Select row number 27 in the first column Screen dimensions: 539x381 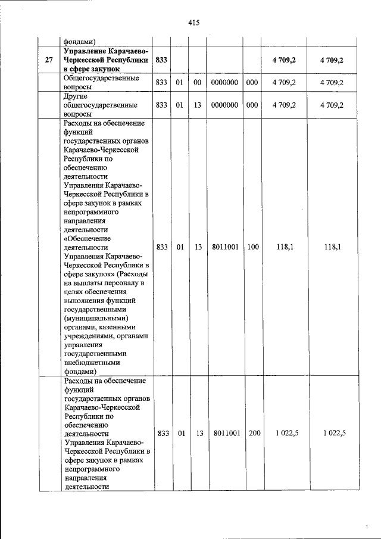[x=49, y=61]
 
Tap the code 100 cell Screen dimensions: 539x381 [x=253, y=246]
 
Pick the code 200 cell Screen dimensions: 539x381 [x=254, y=434]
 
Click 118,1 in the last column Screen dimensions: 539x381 [x=332, y=246]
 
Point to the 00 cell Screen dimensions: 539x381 [x=198, y=83]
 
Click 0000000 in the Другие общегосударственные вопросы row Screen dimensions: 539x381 [x=224, y=105]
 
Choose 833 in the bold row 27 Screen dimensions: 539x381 [x=161, y=61]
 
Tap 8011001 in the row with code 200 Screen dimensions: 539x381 [x=226, y=434]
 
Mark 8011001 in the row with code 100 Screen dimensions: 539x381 [x=224, y=246]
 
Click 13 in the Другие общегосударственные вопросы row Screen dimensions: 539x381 [x=198, y=105]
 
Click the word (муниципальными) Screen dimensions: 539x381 [x=95, y=318]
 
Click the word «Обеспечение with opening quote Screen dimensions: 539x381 [x=89, y=237]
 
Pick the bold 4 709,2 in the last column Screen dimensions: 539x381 [x=332, y=61]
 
